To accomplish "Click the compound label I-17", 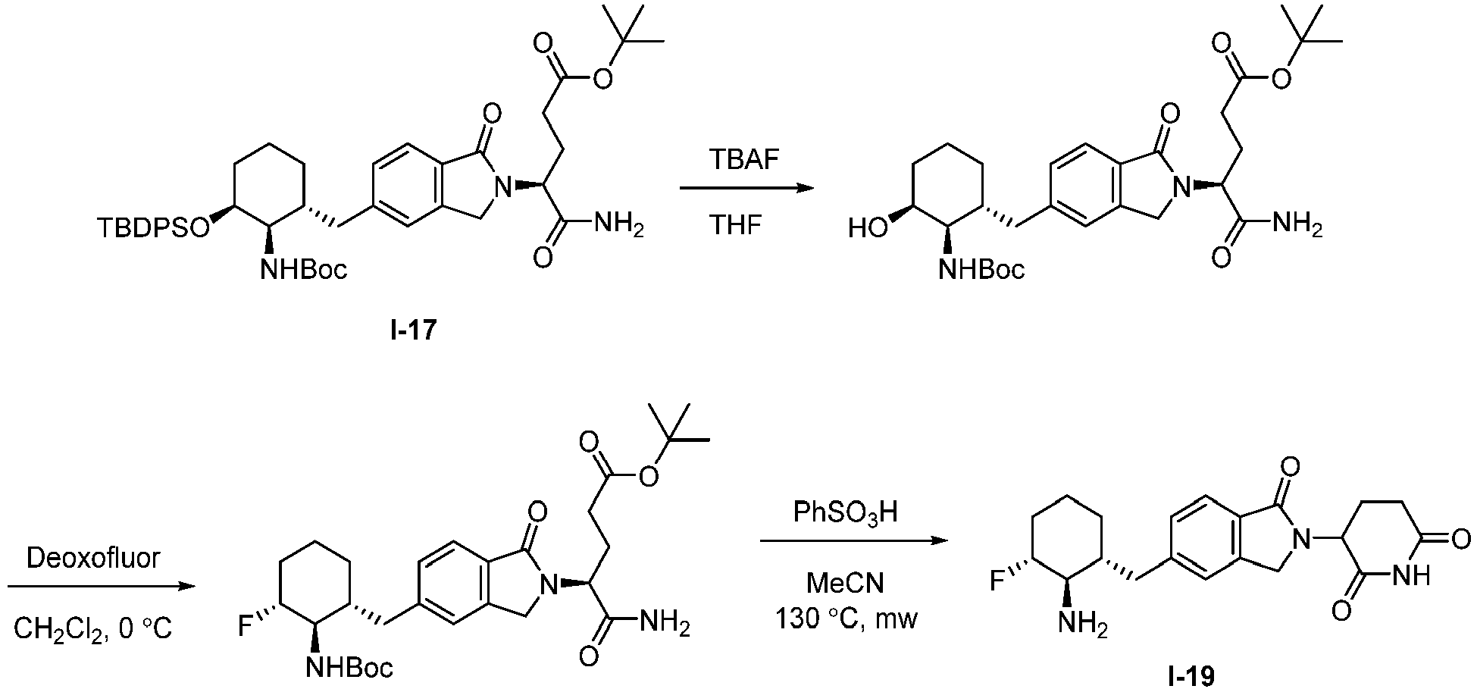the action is (x=414, y=331).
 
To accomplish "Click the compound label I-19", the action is (x=1191, y=675).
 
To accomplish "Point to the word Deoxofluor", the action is (x=94, y=559).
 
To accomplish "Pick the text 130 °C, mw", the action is (x=846, y=620).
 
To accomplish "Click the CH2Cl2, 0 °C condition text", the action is (x=92, y=628).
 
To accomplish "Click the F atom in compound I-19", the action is (x=1000, y=582).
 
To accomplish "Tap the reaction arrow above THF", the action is (x=740, y=189).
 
